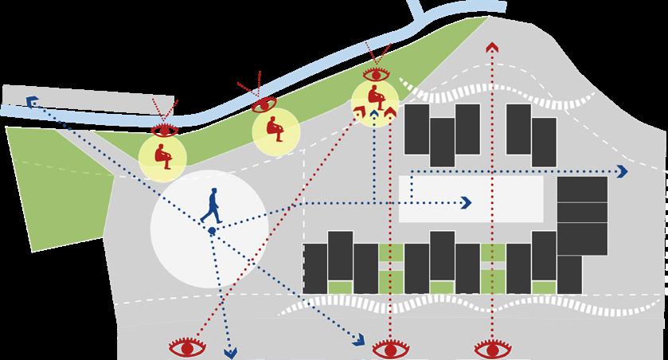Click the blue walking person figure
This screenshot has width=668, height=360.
[212, 205]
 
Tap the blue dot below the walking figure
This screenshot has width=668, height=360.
[212, 230]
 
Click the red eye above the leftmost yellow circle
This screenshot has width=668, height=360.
[166, 130]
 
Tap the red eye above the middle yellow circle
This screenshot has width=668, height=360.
[264, 104]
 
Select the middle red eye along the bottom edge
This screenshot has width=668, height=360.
[389, 348]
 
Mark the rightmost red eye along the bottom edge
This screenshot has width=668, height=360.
[490, 348]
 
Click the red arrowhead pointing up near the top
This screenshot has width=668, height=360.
[491, 49]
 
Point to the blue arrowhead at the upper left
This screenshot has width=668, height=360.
[32, 101]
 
